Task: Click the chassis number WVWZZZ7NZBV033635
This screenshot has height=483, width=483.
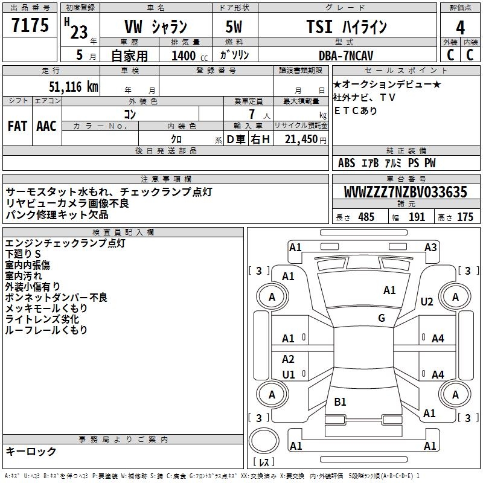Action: tap(406, 193)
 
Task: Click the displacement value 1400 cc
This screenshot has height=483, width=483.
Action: tap(184, 56)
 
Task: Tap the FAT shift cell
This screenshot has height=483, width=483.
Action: tap(17, 126)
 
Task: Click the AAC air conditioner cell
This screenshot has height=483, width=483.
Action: tap(46, 126)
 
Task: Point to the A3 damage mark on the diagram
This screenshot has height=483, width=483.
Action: tap(430, 247)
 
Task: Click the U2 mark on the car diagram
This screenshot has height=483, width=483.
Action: tap(427, 302)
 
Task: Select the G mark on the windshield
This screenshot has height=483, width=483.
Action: tap(382, 318)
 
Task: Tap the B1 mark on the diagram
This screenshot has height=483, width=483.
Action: tap(340, 401)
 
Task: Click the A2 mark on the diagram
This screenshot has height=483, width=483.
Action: tap(288, 359)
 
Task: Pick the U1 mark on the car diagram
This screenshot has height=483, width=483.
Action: tap(289, 375)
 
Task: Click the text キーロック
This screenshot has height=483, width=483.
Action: tap(31, 451)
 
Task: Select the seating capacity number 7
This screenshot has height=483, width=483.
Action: tap(251, 114)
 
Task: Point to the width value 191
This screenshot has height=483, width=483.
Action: tap(417, 217)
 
